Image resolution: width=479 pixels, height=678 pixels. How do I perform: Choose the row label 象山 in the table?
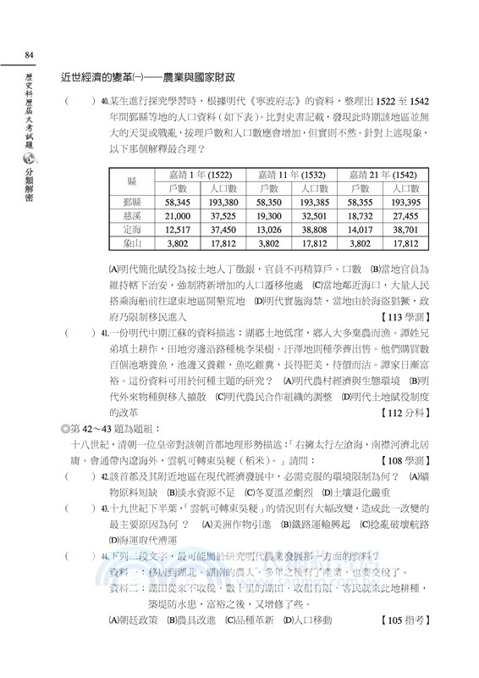click(x=131, y=242)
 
